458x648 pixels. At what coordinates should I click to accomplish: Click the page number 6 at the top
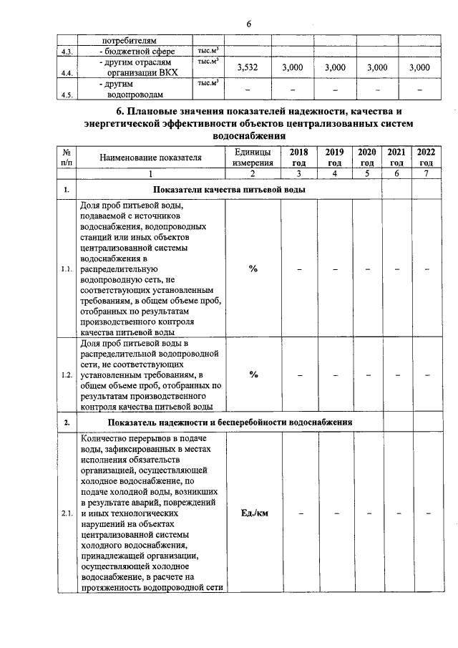[x=249, y=24]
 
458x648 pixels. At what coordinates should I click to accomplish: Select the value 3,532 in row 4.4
[x=247, y=67]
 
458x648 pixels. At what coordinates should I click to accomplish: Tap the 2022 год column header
[x=426, y=157]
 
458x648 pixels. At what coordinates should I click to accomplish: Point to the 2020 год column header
[x=367, y=157]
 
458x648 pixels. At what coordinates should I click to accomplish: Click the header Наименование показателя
[x=150, y=157]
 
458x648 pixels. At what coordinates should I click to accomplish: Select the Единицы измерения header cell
[x=253, y=157]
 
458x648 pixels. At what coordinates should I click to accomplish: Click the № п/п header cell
[x=66, y=157]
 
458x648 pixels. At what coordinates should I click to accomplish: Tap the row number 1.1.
[x=66, y=269]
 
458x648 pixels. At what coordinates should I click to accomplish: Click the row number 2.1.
[x=66, y=514]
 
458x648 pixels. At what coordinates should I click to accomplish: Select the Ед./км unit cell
[x=253, y=514]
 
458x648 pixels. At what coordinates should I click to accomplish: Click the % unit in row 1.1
[x=253, y=269]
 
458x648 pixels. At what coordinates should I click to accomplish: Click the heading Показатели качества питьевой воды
[x=229, y=190]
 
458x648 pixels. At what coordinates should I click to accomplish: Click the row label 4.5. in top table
[x=66, y=95]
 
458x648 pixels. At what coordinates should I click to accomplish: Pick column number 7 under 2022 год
[x=426, y=173]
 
